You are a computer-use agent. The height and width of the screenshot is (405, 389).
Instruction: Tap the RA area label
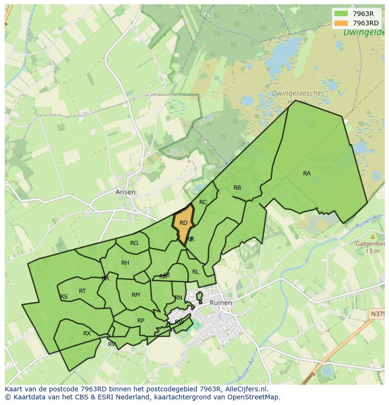[x=307, y=174]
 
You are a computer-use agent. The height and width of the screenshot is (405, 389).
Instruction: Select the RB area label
[x=237, y=188]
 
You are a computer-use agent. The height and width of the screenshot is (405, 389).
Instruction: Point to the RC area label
[x=203, y=202]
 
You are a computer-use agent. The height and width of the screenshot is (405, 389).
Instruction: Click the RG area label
[x=134, y=243]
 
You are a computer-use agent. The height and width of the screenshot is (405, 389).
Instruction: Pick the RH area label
[x=125, y=263]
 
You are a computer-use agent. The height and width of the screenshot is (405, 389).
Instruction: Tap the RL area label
[x=195, y=272]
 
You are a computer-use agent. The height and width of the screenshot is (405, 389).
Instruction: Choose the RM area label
[x=136, y=295]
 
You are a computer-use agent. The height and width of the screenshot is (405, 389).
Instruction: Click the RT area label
[x=83, y=291]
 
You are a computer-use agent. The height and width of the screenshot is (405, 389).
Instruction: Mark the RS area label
[x=64, y=297]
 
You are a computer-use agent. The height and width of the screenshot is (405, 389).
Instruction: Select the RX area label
[x=87, y=334]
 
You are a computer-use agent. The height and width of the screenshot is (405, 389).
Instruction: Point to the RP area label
[x=140, y=321]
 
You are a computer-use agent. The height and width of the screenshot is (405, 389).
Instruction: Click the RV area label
[x=112, y=344]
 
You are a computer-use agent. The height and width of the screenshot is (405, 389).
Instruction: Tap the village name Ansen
[x=125, y=192]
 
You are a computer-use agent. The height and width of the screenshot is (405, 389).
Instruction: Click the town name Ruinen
[x=221, y=302]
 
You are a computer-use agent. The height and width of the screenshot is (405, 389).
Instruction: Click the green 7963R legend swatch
[x=341, y=14]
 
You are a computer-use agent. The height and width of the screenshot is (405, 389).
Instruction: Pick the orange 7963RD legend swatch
[x=341, y=23]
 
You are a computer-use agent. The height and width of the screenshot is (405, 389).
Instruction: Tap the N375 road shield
[x=377, y=314]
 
